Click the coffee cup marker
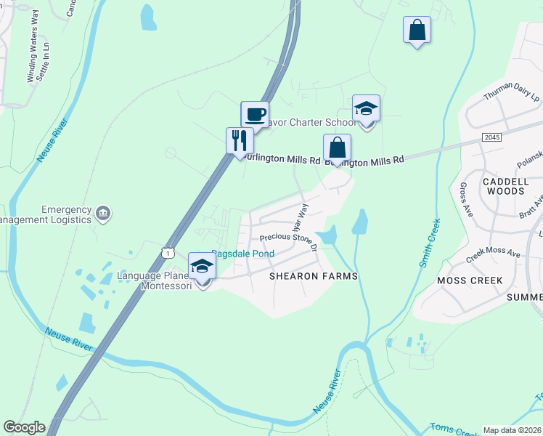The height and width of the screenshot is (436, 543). [255, 115]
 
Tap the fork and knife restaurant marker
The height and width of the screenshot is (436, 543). [240, 140]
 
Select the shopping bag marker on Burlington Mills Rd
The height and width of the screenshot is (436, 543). [337, 148]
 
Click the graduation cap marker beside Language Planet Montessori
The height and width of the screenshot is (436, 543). [203, 267]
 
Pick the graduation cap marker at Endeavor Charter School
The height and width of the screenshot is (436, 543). [366, 109]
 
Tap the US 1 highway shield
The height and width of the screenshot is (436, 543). [168, 252]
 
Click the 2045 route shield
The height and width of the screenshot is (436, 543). [492, 137]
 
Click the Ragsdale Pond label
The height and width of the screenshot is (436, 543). [243, 254]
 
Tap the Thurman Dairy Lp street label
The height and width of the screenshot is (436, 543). [513, 93]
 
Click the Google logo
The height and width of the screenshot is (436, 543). [24, 427]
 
